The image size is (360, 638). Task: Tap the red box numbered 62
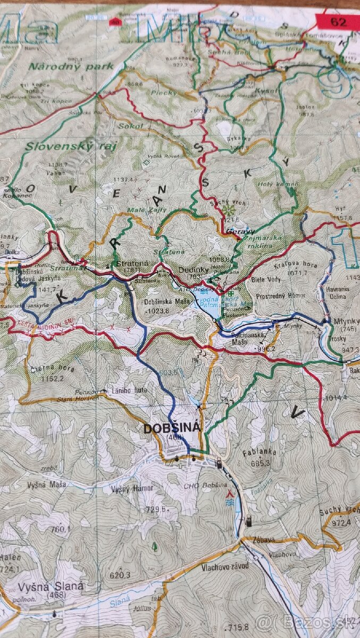[x=338, y=22]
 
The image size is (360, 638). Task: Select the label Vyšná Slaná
[x=51, y=586]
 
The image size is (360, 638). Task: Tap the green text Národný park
[x=71, y=66]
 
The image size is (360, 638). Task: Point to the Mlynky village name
[x=346, y=321]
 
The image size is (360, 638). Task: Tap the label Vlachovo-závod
[x=225, y=566]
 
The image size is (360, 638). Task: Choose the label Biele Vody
[x=265, y=279]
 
